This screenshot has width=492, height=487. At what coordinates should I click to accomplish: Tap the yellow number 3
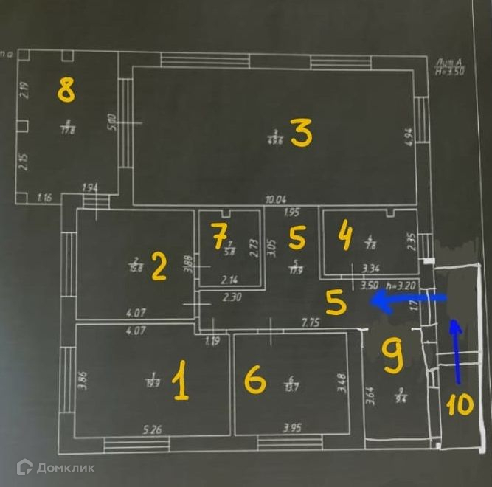click(301, 134)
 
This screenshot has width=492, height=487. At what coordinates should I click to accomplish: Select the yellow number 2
click(158, 266)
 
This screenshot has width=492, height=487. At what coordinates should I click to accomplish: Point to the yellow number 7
click(218, 238)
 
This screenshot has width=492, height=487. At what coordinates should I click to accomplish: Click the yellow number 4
click(344, 238)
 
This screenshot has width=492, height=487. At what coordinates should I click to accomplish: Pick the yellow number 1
click(179, 384)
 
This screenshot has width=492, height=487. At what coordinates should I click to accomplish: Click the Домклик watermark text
click(64, 466)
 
